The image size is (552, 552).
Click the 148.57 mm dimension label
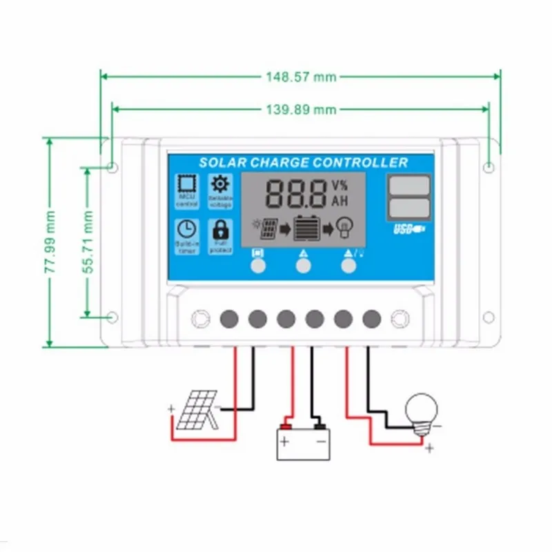pyautogui.click(x=301, y=77)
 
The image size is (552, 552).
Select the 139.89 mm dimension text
pyautogui.click(x=301, y=109)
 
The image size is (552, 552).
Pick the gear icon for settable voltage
pyautogui.click(x=221, y=184)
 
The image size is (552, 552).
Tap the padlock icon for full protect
pyautogui.click(x=221, y=229)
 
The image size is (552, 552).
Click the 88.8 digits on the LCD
pyautogui.click(x=295, y=194)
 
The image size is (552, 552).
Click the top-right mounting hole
pyautogui.click(x=489, y=167)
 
